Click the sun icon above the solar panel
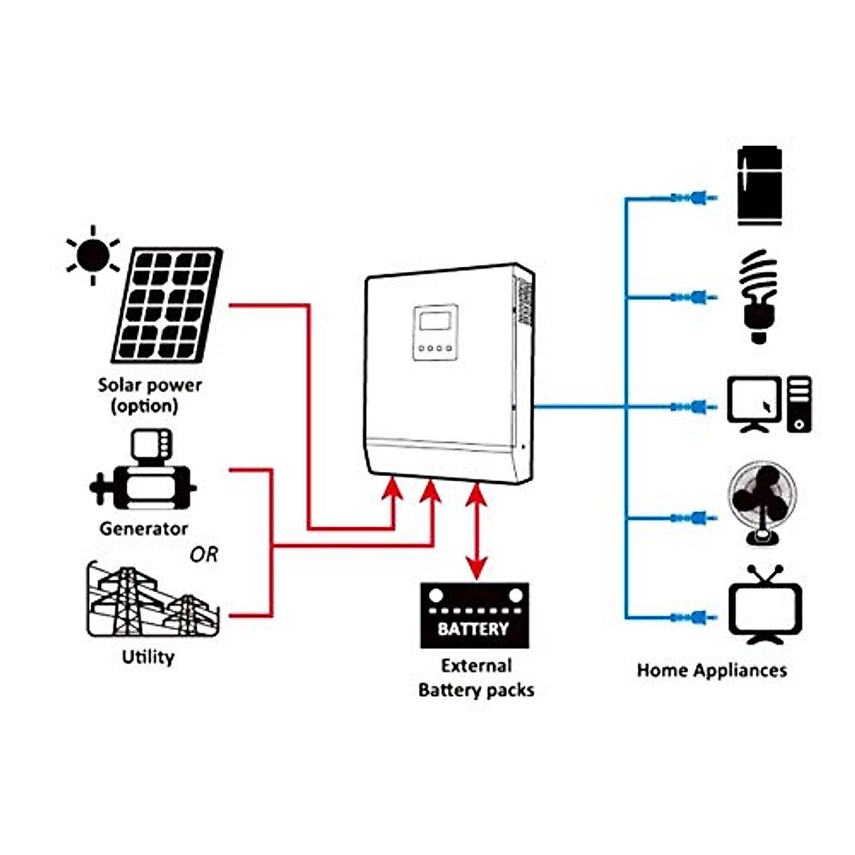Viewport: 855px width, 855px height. click(x=93, y=255)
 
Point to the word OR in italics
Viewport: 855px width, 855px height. click(x=204, y=554)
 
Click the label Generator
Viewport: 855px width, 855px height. click(x=144, y=529)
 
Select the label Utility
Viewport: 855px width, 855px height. click(x=148, y=657)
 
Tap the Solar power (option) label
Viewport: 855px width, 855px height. click(x=150, y=395)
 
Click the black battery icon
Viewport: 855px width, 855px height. click(x=475, y=616)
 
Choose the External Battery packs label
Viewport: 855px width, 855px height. click(x=476, y=678)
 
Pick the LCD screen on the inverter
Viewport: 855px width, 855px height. click(x=436, y=320)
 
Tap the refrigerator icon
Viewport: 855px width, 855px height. click(x=760, y=186)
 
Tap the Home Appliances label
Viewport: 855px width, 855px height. click(x=712, y=670)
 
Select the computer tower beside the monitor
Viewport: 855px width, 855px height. click(x=799, y=405)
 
